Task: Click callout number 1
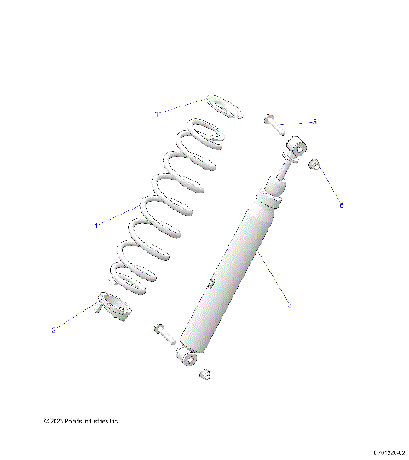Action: (x=156, y=113)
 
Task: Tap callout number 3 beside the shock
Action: (x=290, y=303)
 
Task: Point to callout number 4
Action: (x=96, y=226)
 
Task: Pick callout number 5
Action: (x=314, y=123)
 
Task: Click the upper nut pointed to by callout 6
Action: (x=314, y=164)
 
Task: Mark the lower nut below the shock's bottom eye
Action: (x=204, y=374)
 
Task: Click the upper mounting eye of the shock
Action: (x=297, y=146)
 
